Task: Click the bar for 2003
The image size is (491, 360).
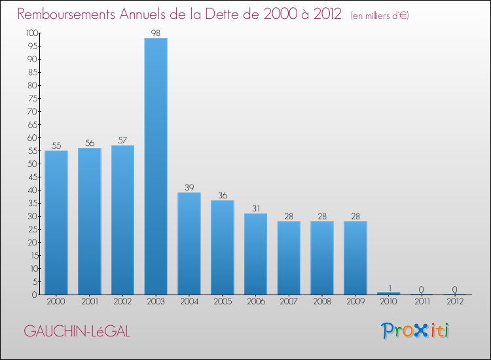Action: pos(156,166)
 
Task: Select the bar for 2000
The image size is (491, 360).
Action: pos(56,223)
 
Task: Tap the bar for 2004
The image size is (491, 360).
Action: pos(189,243)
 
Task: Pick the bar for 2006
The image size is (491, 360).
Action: pos(256,254)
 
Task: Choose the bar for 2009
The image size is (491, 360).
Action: pos(355,258)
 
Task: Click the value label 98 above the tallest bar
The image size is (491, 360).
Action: pos(156,32)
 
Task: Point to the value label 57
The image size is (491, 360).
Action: pos(123,139)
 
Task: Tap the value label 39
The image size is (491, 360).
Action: pos(189,187)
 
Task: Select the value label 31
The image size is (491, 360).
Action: pos(256,207)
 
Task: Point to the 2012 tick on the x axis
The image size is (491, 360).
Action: pos(455,302)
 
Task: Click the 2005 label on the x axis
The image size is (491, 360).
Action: pos(223,302)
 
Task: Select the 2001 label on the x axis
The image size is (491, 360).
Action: pos(90,302)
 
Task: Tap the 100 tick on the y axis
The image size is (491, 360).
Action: pos(31,33)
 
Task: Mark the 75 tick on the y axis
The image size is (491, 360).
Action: pos(33,98)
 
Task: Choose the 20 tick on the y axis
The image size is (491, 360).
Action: pos(33,242)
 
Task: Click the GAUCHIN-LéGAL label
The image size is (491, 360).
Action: pos(77,331)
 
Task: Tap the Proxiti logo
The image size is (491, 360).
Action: pos(416,331)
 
